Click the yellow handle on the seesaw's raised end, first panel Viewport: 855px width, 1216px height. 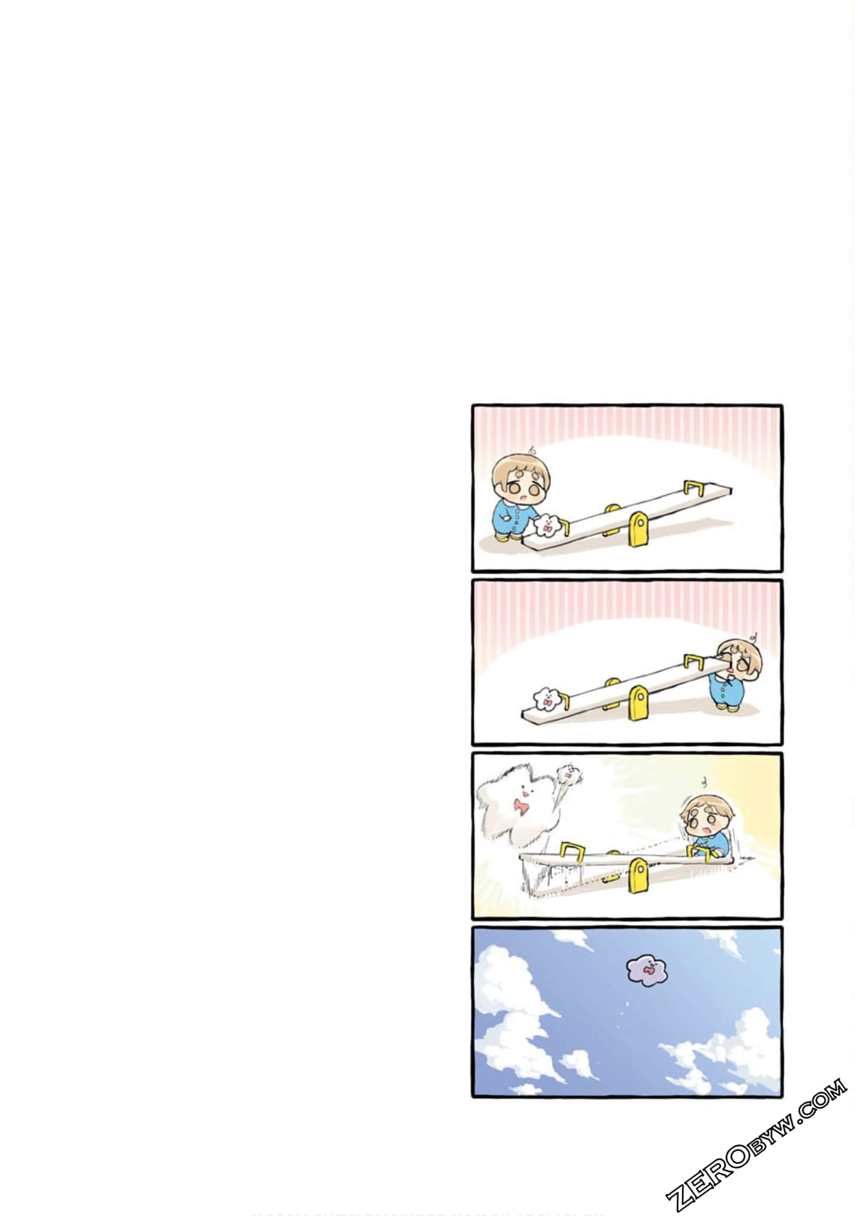[x=692, y=488]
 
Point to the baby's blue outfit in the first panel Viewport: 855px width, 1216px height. [x=512, y=518]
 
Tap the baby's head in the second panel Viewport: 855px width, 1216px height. [x=739, y=662]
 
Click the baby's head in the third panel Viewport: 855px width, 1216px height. [x=702, y=818]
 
